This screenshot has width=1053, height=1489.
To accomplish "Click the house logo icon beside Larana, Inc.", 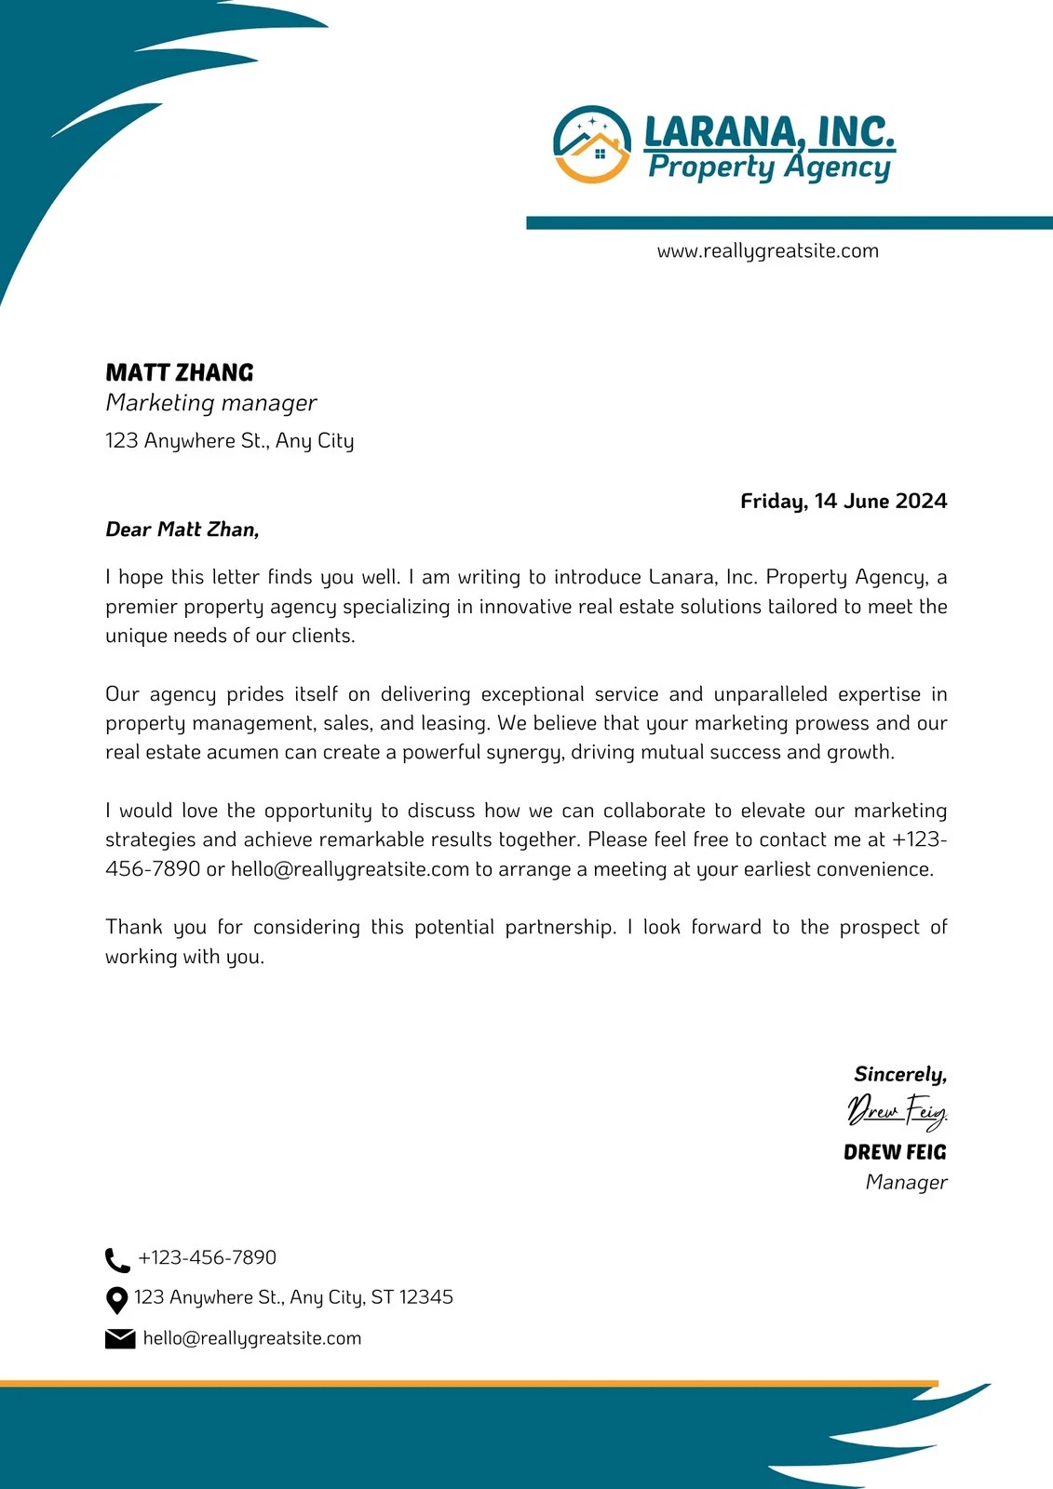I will coord(592,144).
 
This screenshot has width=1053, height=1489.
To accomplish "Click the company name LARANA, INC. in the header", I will coord(769,131).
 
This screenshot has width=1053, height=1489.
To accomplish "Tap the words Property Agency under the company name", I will coord(769,168).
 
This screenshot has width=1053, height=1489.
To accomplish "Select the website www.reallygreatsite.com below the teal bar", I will coord(767,251).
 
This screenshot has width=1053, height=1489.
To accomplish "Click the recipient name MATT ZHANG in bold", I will coord(180,373).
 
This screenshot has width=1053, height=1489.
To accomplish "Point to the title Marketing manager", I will coord(211,403).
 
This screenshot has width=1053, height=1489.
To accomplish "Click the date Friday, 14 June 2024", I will coord(844,501).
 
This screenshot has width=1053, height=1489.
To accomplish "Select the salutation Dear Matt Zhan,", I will coord(182,530).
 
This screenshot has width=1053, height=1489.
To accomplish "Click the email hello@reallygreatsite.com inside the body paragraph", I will coord(350,869).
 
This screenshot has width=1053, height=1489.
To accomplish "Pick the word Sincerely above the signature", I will coord(899,1074).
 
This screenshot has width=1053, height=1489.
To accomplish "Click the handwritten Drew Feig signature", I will coord(897,1110).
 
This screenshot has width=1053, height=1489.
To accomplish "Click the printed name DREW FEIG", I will coord(895,1152).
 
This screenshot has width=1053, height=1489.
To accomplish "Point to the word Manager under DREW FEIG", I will coord(906,1182).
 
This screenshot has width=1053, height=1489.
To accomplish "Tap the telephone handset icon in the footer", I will coord(117,1260).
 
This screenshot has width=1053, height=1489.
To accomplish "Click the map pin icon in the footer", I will coord(116,1299).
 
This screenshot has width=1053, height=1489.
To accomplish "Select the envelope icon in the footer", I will coord(120,1339).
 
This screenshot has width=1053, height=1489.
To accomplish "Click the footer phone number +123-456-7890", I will coord(207,1258).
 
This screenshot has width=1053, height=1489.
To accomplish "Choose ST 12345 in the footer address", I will coord(412,1297).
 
